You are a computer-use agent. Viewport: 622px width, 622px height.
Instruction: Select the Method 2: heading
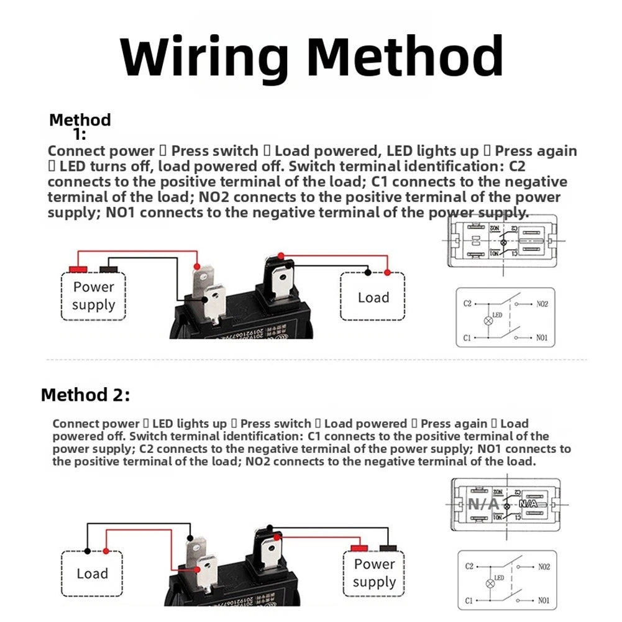click(x=86, y=395)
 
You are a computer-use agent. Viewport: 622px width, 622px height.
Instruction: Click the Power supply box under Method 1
click(x=93, y=296)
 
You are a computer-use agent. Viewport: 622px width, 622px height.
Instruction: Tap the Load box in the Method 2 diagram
click(x=92, y=573)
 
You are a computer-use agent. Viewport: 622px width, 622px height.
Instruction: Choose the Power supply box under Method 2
click(x=374, y=573)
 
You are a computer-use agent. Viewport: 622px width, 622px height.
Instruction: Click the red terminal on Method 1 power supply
click(x=78, y=269)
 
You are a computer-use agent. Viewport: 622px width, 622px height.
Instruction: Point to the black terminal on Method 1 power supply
click(x=109, y=269)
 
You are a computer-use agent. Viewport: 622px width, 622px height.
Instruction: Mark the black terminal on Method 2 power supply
click(x=388, y=547)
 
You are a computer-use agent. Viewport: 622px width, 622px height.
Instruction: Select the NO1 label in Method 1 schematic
click(x=541, y=337)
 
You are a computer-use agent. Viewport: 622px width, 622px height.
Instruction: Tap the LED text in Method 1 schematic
click(x=497, y=314)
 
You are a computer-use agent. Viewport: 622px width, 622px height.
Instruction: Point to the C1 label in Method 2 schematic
click(x=470, y=601)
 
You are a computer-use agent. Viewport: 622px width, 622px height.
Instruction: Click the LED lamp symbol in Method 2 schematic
click(x=488, y=584)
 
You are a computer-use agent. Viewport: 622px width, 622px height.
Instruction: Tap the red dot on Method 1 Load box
click(x=387, y=272)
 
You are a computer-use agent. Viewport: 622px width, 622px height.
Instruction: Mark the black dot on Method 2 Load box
click(x=87, y=551)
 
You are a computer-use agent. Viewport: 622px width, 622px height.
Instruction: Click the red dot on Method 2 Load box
click(x=107, y=551)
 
